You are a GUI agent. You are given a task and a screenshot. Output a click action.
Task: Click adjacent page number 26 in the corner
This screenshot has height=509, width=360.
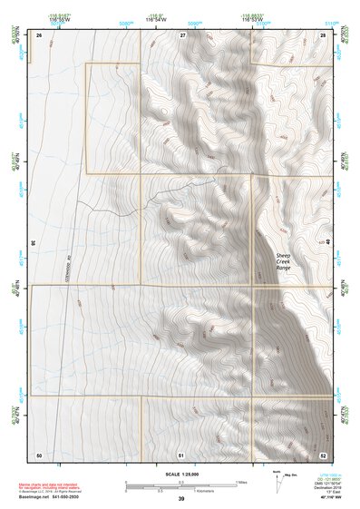(39, 34)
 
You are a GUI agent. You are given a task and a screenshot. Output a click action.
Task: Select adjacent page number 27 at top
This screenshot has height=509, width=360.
(182, 34)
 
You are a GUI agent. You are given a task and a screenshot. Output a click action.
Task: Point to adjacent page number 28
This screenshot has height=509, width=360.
(323, 34)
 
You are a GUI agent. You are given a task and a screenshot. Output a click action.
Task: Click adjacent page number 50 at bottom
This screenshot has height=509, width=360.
(39, 454)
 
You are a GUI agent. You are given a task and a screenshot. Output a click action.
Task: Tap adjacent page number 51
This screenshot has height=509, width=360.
(181, 454)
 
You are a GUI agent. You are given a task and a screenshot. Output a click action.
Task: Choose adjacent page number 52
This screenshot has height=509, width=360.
(323, 454)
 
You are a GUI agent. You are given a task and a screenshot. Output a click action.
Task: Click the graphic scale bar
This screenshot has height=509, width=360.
(180, 484)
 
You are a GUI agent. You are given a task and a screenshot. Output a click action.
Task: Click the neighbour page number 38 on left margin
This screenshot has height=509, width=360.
(33, 243)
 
